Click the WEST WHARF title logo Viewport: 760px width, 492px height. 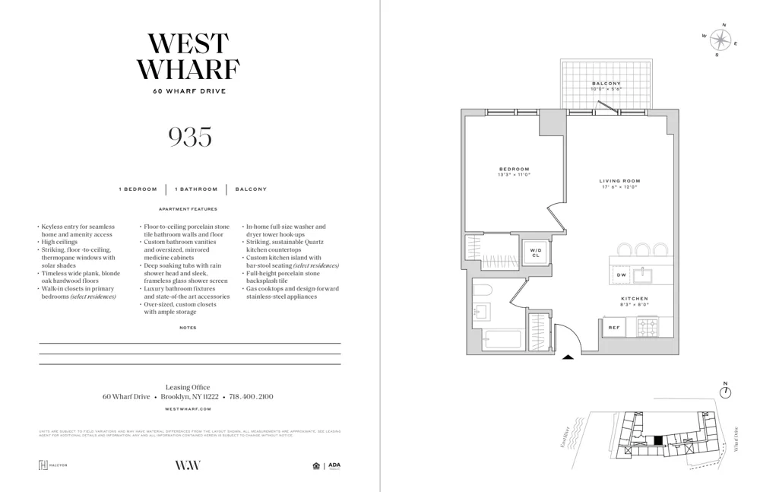point(188,57)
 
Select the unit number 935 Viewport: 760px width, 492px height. point(189,137)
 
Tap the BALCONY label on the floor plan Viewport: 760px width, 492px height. point(606,84)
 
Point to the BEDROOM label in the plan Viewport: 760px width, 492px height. point(514,170)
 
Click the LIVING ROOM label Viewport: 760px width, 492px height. point(619,181)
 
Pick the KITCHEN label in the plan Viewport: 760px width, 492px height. point(634,299)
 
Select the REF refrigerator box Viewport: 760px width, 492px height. point(614,328)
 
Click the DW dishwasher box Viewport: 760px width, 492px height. point(621,275)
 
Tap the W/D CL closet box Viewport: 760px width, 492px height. point(535,252)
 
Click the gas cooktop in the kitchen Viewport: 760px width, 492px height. point(648,328)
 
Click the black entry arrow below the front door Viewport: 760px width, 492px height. point(568,357)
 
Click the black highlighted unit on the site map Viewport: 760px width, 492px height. point(658,440)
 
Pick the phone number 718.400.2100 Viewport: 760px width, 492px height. point(251,397)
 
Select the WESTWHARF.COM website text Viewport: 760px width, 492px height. point(188,409)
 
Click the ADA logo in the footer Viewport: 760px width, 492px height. point(334,465)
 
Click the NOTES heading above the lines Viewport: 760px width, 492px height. point(188,328)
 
